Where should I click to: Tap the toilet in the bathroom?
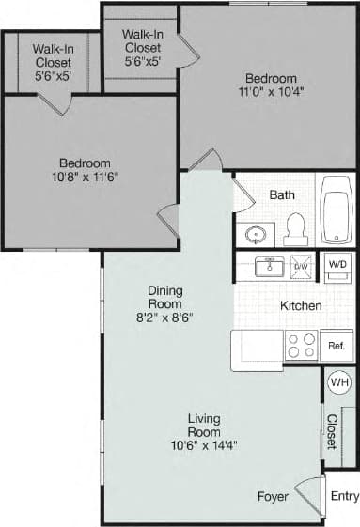296,227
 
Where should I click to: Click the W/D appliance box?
337,264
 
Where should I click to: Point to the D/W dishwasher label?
301,267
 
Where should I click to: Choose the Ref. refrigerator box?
336,346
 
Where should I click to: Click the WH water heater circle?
338,382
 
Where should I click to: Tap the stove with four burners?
301,346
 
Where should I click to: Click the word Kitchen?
302,305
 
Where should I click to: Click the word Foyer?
273,496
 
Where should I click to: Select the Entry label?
345,496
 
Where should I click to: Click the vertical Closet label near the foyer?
332,431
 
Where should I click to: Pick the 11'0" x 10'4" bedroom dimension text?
271,93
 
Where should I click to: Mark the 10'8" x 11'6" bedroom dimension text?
85,176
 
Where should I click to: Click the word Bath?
282,194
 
